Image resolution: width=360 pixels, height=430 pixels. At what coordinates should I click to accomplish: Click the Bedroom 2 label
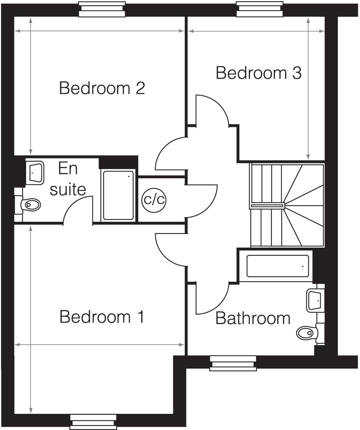click(102, 88)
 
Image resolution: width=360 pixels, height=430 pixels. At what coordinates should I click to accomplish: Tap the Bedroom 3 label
click(258, 73)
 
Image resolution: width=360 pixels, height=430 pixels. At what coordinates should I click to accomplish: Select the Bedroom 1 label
click(102, 317)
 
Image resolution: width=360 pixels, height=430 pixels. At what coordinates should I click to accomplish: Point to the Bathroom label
click(253, 318)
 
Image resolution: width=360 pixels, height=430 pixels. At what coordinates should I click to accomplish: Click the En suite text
click(68, 179)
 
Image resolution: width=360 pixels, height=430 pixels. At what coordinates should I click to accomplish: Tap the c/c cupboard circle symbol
click(154, 200)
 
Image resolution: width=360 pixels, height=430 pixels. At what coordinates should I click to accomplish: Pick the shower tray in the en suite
click(118, 195)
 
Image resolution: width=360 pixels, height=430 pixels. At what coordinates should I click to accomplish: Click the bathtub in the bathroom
click(278, 266)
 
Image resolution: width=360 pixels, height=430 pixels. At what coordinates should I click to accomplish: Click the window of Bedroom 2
click(102, 9)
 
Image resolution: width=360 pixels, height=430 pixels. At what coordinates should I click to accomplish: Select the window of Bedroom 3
click(259, 9)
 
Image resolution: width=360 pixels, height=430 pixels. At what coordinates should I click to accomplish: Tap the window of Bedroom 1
click(93, 422)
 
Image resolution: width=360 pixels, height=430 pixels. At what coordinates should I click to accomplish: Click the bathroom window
click(233, 363)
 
